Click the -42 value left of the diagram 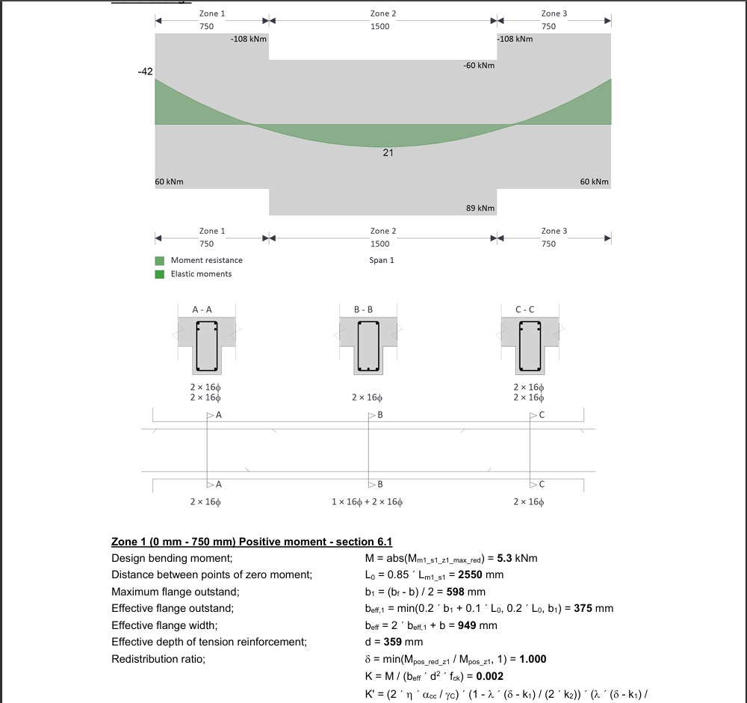click(x=145, y=72)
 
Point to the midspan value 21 click(x=388, y=153)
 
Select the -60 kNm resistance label click(x=479, y=66)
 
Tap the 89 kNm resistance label click(x=480, y=208)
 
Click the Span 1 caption click(x=381, y=260)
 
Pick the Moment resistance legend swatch click(x=160, y=261)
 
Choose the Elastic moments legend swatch click(x=160, y=274)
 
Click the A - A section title click(x=207, y=309)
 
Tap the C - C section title click(x=530, y=309)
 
